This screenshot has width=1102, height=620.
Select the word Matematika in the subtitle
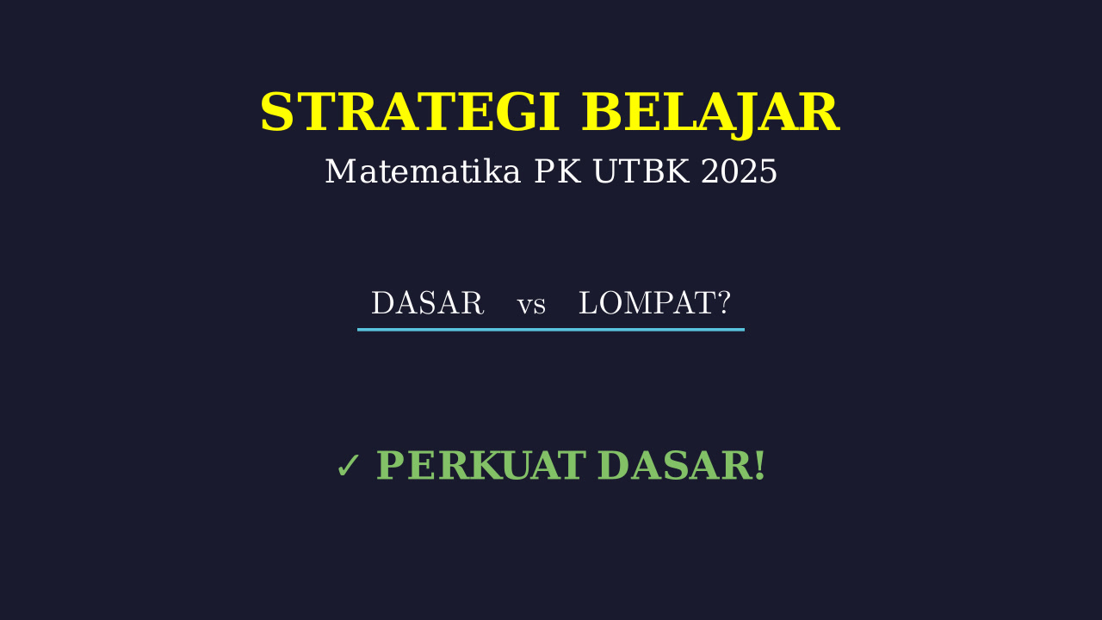click(423, 171)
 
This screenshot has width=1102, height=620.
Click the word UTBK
click(641, 171)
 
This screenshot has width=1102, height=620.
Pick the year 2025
click(739, 171)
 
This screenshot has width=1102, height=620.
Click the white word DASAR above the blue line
click(428, 302)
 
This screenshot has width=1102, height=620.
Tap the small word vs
click(531, 306)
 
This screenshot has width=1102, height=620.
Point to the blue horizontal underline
click(550, 330)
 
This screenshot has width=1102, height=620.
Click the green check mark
click(349, 466)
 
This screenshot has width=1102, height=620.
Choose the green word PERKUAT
click(481, 465)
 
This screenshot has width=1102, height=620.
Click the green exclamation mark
click(759, 465)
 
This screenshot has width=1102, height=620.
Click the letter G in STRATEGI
click(516, 112)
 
